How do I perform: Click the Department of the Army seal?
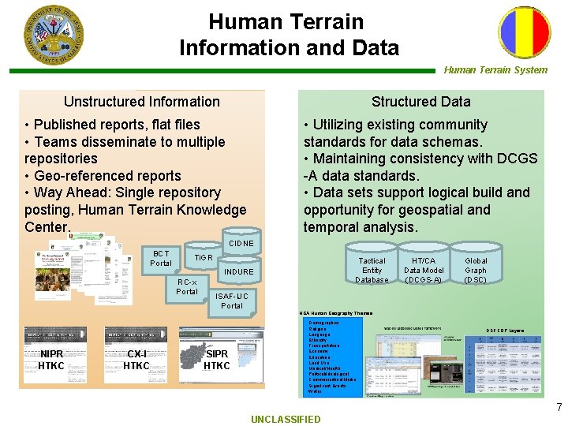(52, 35)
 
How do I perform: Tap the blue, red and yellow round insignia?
(524, 33)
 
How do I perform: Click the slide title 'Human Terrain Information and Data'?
(289, 35)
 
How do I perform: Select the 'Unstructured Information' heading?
(142, 101)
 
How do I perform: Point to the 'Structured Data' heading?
(420, 101)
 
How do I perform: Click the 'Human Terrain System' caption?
(495, 69)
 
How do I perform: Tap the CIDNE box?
(241, 244)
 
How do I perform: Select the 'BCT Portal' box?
(161, 258)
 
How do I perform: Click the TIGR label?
(204, 258)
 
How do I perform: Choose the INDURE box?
(239, 272)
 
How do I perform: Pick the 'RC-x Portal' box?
(187, 286)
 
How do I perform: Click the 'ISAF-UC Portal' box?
(232, 301)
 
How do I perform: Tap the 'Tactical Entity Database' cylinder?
(372, 270)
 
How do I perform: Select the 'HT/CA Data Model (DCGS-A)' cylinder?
(424, 270)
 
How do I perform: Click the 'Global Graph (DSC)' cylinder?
(476, 270)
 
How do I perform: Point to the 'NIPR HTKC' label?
(51, 360)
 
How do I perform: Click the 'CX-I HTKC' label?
(136, 360)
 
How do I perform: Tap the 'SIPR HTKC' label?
(217, 360)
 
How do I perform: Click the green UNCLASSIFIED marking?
(286, 419)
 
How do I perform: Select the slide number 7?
(559, 408)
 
